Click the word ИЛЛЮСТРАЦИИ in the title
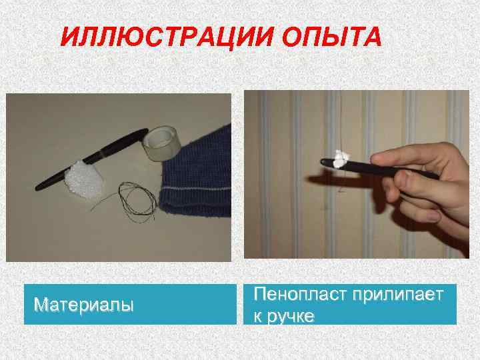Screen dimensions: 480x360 (167, 37)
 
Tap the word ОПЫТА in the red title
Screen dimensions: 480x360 (331, 37)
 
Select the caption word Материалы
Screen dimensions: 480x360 (83, 305)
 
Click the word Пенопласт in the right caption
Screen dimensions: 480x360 (300, 295)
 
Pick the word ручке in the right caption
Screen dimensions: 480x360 (291, 317)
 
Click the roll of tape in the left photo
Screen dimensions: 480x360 (162, 143)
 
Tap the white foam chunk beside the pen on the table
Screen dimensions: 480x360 (83, 179)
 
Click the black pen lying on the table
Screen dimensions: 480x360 (92, 159)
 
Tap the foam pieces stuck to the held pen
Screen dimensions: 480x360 (341, 159)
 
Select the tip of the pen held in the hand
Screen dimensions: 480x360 (322, 161)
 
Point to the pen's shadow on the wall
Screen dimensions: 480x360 (340, 181)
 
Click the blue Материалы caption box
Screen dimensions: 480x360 (130, 304)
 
